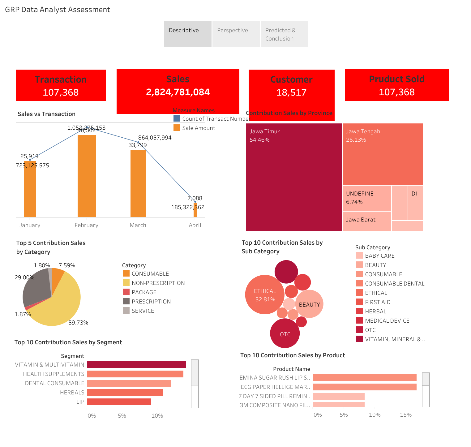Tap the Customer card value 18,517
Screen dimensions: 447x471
(x=291, y=92)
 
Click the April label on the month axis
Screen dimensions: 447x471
(x=195, y=225)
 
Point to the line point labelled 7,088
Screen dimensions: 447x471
(x=195, y=202)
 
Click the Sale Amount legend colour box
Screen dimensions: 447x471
(x=177, y=128)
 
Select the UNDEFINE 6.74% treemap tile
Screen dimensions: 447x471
(x=367, y=198)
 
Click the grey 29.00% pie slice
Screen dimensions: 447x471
(x=36, y=286)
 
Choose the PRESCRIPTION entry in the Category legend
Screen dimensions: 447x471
(x=151, y=302)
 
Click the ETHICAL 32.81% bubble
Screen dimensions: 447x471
(x=265, y=295)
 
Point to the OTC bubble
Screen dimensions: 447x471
(x=285, y=333)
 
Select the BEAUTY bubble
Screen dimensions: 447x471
(x=309, y=304)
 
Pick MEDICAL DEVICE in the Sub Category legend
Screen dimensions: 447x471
(x=387, y=321)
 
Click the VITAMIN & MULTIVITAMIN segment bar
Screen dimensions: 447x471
(x=136, y=365)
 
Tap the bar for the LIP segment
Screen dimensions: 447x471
(x=119, y=402)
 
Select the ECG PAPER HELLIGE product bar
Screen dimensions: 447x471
(x=365, y=387)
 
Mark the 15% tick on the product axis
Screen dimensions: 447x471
(x=406, y=415)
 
